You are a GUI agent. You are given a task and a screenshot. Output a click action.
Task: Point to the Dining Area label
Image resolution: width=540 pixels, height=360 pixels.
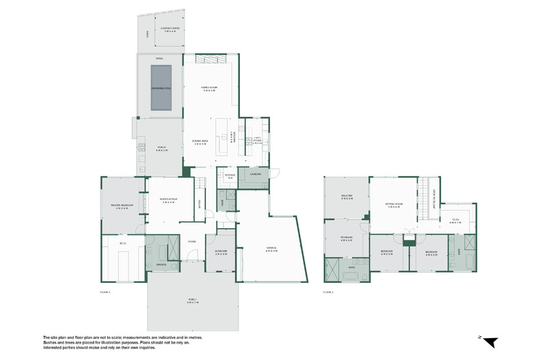[x=201, y=142]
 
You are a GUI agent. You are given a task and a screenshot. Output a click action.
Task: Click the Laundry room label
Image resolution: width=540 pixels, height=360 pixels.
[x=257, y=174]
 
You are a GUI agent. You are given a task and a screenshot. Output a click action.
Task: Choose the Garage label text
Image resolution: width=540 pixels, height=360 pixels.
[x=271, y=249]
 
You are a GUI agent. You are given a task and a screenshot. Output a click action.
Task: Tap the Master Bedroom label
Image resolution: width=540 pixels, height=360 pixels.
[x=123, y=206]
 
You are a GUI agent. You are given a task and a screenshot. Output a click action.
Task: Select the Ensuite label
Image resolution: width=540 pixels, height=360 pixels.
[x=161, y=264]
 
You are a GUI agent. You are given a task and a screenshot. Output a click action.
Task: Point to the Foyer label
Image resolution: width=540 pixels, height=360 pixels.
[x=192, y=241]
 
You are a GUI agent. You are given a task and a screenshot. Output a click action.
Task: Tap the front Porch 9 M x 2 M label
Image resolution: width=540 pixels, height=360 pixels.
[x=192, y=301]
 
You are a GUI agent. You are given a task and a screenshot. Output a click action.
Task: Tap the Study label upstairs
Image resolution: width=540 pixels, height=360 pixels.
[x=455, y=221]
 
